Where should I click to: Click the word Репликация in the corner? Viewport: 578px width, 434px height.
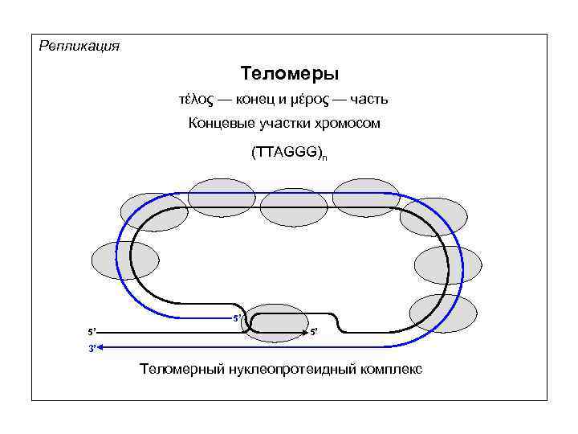tap(79, 46)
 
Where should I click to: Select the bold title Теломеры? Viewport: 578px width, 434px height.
tap(289, 74)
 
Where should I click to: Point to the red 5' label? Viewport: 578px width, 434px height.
tap(237, 319)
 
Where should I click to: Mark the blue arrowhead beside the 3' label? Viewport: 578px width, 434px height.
tap(106, 346)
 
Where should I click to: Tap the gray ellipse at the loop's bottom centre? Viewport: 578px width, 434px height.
tap(275, 322)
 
